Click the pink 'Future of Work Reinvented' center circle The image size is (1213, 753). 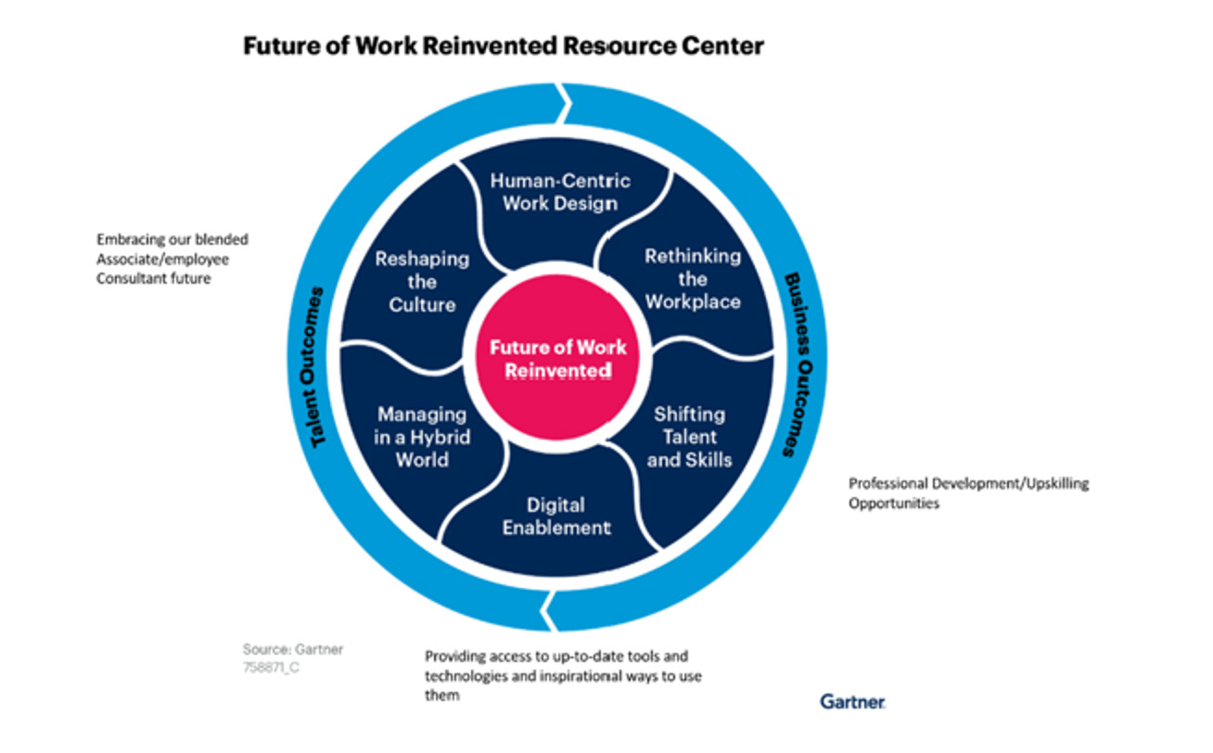tap(557, 359)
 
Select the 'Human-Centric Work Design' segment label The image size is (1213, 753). tap(559, 191)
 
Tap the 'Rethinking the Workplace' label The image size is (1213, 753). tap(693, 278)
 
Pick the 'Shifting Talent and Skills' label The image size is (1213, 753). tap(689, 437)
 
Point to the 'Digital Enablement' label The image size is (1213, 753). tap(556, 517)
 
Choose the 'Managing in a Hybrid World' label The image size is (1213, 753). tap(422, 437)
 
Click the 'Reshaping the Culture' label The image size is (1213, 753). tap(422, 282)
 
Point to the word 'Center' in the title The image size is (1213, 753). tap(724, 45)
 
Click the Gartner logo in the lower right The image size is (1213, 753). tap(852, 701)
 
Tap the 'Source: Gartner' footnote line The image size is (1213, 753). tap(293, 649)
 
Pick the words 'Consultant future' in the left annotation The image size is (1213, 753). tap(153, 277)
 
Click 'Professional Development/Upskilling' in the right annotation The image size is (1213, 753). tap(968, 483)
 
